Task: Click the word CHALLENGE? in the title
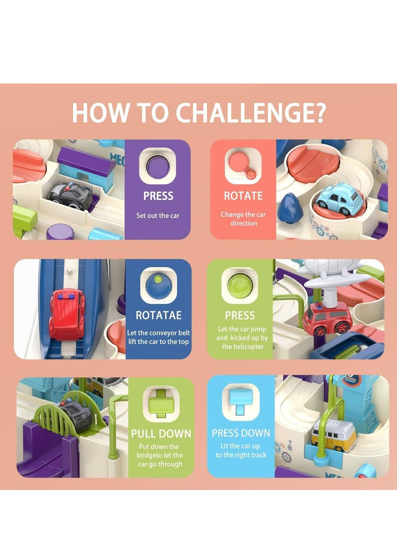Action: coord(251,113)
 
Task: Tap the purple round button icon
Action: coord(158,167)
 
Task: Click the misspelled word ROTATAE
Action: coord(158,315)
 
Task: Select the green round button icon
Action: coord(240,285)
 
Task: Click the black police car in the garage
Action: coord(71,196)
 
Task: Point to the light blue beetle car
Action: coord(340,198)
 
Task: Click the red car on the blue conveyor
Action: coord(67,314)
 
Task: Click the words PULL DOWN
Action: coord(161,434)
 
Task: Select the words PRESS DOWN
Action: coord(241,433)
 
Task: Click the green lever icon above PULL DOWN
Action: coord(161,403)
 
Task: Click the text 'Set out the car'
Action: coord(158,216)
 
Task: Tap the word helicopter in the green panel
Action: coord(243,347)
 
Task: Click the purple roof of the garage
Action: coord(86,161)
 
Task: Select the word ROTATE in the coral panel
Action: coord(243,196)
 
